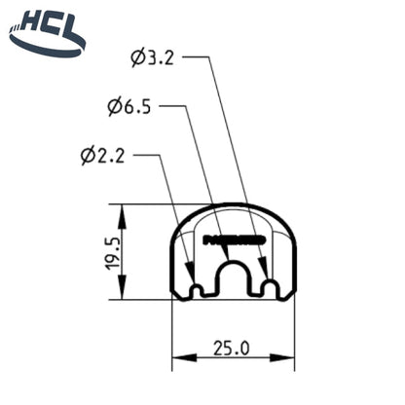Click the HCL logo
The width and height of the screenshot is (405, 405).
[46, 31]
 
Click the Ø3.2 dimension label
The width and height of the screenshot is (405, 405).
[154, 57]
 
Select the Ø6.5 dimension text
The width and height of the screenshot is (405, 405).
[130, 106]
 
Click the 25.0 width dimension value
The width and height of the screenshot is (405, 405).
[233, 348]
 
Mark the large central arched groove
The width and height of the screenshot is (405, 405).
[232, 279]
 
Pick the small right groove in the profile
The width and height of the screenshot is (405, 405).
[270, 288]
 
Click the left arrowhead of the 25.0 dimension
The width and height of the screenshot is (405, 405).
[178, 362]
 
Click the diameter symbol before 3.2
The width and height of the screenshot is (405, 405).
[137, 57]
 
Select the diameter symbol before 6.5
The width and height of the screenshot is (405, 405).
[114, 106]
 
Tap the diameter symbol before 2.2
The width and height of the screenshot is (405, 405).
[89, 155]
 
